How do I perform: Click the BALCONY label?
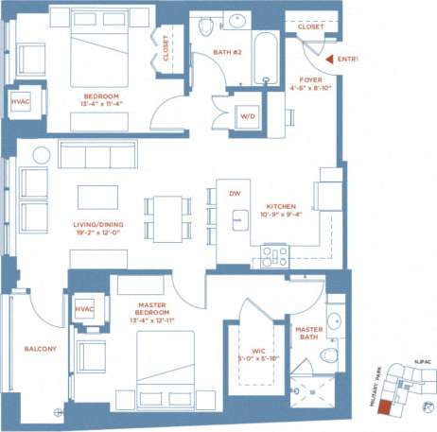[x=40, y=349]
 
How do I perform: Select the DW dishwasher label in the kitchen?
[x=234, y=193]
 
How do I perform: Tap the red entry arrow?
[x=325, y=60]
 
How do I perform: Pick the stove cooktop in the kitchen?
[x=274, y=255]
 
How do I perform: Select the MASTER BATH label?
[x=308, y=334]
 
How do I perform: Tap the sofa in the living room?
[x=97, y=154]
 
